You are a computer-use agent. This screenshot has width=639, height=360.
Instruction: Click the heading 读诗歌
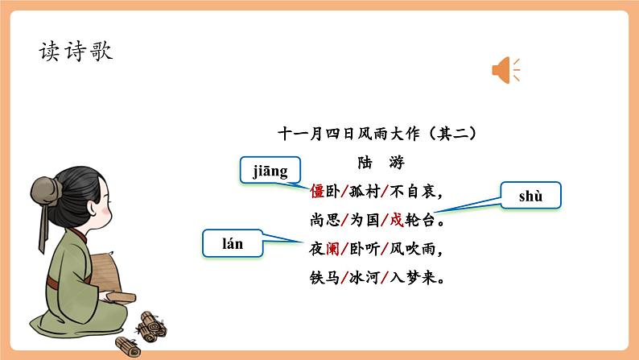(x=76, y=51)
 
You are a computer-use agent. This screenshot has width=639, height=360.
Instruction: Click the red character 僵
(x=317, y=192)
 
